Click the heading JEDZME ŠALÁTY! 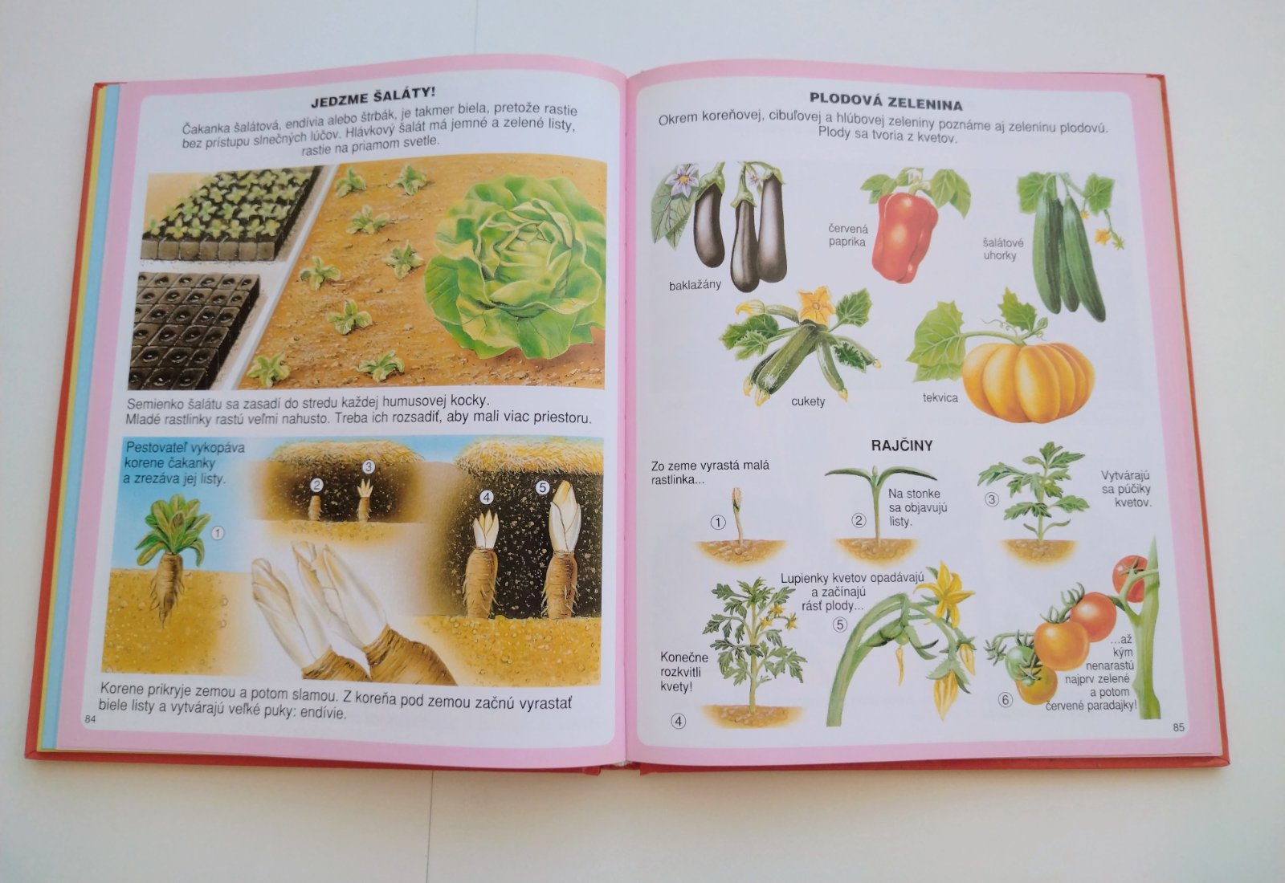(x=373, y=97)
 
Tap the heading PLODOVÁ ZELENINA (x=886, y=101)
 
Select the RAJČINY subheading (x=902, y=446)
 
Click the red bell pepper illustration (x=904, y=236)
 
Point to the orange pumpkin (x=1028, y=380)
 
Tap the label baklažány (x=695, y=285)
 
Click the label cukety (x=808, y=401)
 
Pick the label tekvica (x=940, y=397)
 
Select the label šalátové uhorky (x=1002, y=249)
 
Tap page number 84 (x=90, y=719)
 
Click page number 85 (x=1178, y=727)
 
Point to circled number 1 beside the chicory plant (x=218, y=533)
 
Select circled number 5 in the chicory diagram (x=542, y=487)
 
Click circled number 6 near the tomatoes (x=1005, y=700)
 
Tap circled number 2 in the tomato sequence (x=859, y=521)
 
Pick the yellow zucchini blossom (x=816, y=304)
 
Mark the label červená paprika (x=848, y=235)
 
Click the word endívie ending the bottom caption (x=324, y=713)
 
